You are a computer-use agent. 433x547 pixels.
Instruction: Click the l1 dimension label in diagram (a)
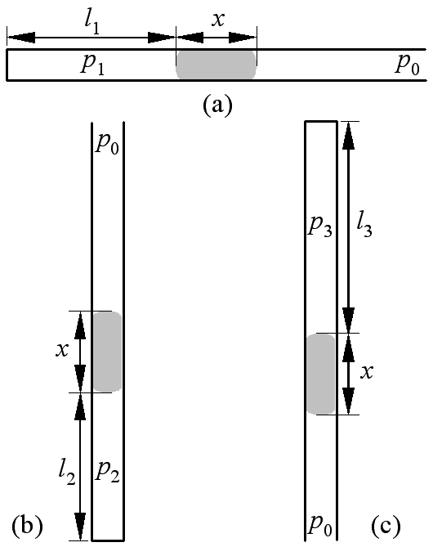click(x=92, y=25)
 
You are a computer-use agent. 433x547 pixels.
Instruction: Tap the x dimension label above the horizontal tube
click(x=218, y=20)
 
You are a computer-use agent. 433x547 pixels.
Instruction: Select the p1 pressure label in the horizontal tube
click(x=92, y=65)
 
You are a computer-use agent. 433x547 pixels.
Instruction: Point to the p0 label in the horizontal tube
click(x=407, y=65)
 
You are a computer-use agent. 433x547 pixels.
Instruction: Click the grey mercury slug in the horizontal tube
click(x=216, y=65)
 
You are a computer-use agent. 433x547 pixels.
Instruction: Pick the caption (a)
click(x=217, y=105)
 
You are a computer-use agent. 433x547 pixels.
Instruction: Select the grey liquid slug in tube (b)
click(x=107, y=352)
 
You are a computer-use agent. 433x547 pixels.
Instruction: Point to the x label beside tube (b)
click(x=62, y=350)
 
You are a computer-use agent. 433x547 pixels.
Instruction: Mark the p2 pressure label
click(x=108, y=473)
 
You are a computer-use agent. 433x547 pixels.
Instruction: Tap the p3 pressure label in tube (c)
click(x=319, y=228)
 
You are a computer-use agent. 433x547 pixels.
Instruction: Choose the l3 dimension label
click(x=364, y=227)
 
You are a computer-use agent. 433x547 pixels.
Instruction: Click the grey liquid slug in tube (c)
click(x=321, y=374)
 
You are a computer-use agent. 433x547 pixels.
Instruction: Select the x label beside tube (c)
click(x=366, y=373)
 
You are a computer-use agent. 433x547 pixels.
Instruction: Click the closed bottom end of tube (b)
click(x=108, y=540)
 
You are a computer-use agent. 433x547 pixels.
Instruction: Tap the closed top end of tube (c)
click(x=321, y=121)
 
